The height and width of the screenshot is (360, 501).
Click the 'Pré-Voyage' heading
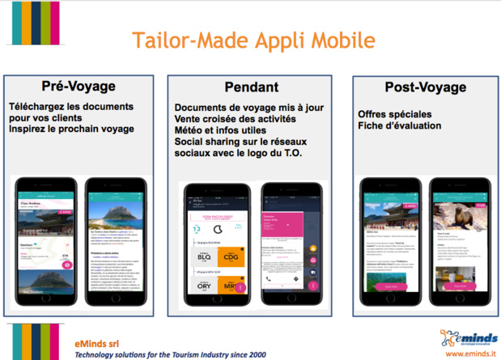(x=79, y=87)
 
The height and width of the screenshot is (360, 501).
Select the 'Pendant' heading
(x=253, y=87)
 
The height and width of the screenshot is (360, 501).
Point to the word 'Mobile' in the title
(x=341, y=41)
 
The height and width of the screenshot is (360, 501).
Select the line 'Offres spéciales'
(x=395, y=114)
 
